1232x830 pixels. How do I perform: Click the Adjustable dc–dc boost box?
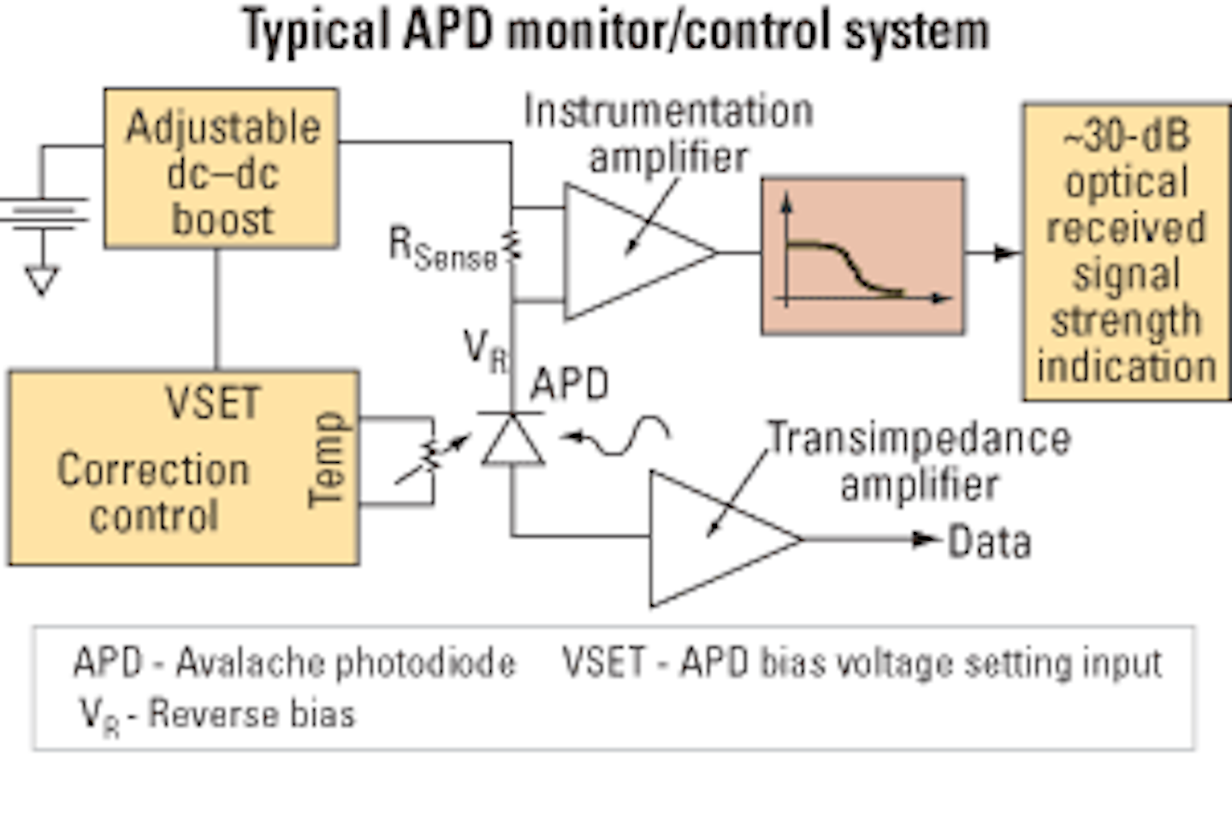tap(222, 169)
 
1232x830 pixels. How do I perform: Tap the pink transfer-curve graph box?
tap(862, 256)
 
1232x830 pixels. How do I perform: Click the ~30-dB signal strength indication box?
tap(1126, 252)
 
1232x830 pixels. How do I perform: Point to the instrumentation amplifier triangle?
tap(629, 252)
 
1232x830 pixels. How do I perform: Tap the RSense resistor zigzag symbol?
tap(512, 246)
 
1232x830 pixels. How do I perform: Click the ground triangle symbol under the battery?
tap(41, 280)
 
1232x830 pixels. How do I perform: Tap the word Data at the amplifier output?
tap(989, 542)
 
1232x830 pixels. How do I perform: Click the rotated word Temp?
tap(328, 460)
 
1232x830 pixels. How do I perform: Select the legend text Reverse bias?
tap(252, 714)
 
